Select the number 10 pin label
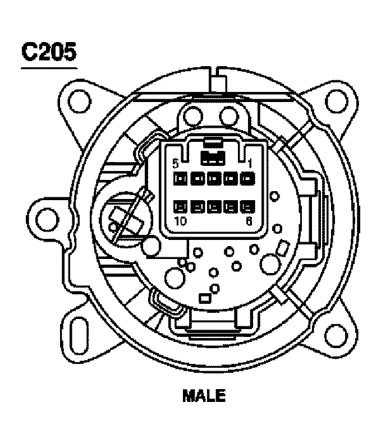pos(180,220)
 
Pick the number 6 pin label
pos(248,220)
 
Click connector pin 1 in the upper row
pos(247,179)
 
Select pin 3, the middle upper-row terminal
pos(214,179)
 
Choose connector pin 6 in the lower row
pos(247,206)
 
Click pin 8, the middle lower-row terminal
pos(214,206)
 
